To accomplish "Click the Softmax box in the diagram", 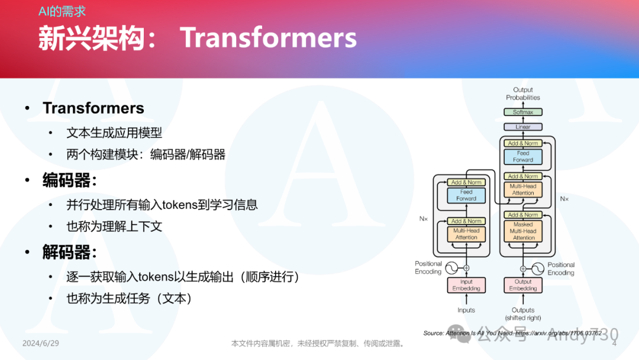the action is (523, 112).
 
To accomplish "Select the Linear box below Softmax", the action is (523, 127).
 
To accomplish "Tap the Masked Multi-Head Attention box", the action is (523, 231).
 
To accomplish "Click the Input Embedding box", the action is (466, 285).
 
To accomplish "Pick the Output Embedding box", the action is (523, 285).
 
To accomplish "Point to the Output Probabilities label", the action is (523, 94).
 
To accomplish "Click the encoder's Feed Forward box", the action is (466, 195).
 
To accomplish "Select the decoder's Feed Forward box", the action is (523, 156).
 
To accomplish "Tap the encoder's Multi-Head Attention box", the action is (466, 234).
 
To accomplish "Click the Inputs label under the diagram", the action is (466, 310).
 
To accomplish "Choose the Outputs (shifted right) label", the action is (523, 314).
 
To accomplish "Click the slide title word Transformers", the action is (268, 38).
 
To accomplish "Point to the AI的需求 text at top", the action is (63, 12).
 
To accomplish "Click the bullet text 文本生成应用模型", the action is (114, 133).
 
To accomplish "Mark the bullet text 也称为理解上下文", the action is (114, 226).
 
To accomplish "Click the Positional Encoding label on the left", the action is (428, 268).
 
